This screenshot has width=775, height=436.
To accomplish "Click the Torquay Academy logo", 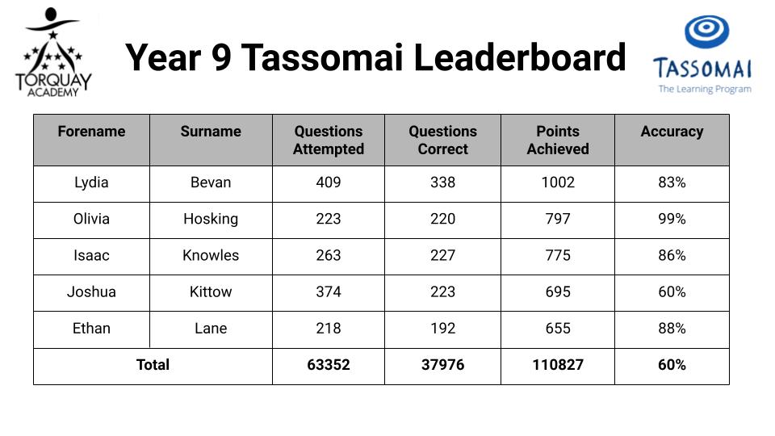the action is (53, 52).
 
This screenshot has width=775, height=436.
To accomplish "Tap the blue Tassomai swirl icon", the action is (706, 31).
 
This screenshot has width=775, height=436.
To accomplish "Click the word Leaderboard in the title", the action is (519, 57).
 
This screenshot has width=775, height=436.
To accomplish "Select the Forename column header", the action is (91, 132).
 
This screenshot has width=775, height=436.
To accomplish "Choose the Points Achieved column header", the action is (558, 140).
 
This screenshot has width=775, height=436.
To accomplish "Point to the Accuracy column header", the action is (672, 132).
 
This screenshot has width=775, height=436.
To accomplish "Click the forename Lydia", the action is (91, 182).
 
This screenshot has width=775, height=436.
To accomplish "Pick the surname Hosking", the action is (211, 219).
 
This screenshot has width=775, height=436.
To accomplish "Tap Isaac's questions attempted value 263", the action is (329, 256).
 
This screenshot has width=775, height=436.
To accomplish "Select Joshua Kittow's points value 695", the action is (558, 291).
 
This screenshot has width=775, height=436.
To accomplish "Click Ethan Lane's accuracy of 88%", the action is (672, 329).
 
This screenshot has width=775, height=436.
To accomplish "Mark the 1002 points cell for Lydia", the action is (558, 182).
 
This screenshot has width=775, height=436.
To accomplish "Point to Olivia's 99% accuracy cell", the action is (672, 219).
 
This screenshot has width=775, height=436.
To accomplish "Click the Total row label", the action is (153, 365).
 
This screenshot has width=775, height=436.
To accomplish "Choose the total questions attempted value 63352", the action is (329, 365).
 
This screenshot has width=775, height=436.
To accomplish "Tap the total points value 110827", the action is (558, 365).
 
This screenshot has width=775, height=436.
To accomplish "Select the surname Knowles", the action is (211, 256).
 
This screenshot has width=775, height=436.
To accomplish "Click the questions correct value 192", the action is (442, 329).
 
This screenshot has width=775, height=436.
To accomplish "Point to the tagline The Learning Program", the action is (705, 89).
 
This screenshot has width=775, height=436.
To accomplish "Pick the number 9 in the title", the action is (221, 57).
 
